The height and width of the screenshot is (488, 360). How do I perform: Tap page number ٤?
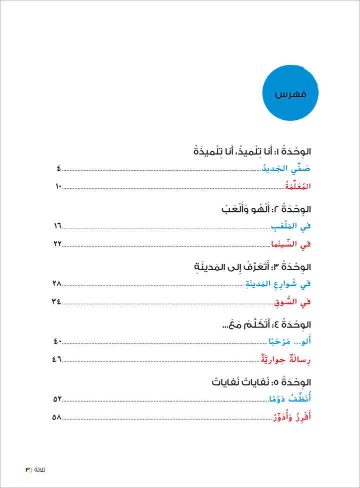[58, 170]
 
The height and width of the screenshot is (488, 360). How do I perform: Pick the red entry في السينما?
[290, 244]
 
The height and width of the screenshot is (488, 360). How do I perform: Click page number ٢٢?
[56, 244]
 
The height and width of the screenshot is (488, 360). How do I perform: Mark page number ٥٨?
[56, 417]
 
